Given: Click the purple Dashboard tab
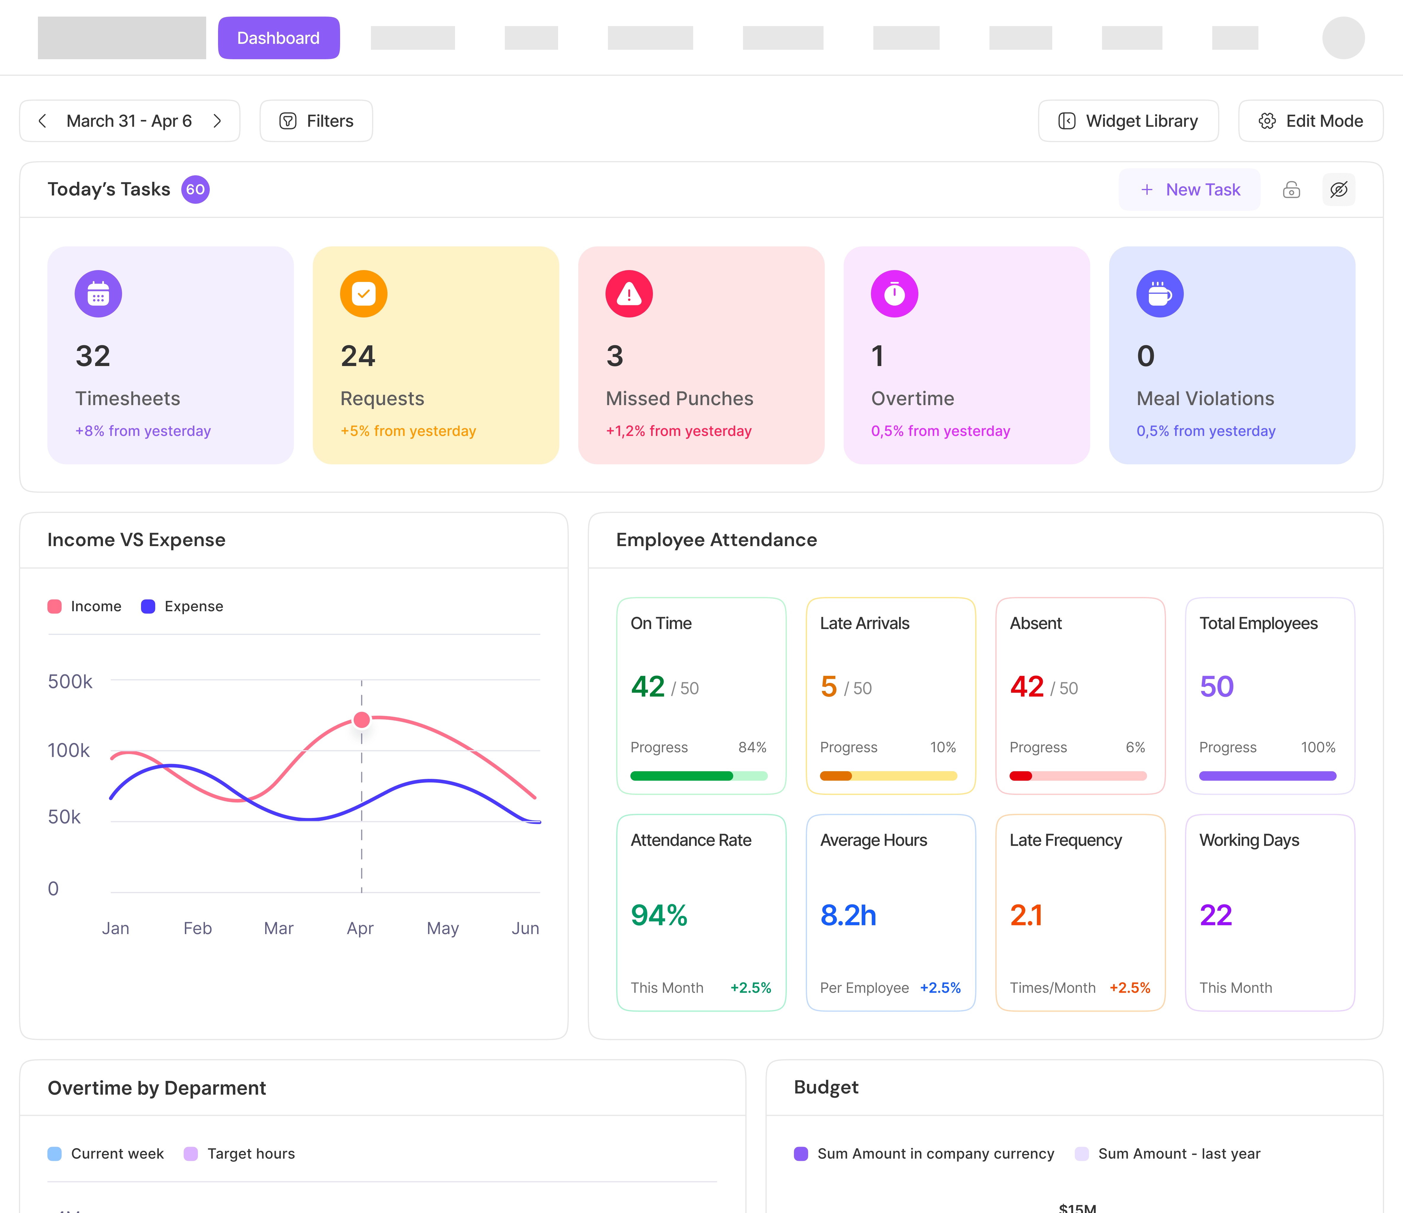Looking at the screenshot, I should pyautogui.click(x=278, y=38).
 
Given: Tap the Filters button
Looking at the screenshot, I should pyautogui.click(x=316, y=121).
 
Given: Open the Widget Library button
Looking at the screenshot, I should pyautogui.click(x=1128, y=121).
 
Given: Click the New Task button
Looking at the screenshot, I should pyautogui.click(x=1190, y=190).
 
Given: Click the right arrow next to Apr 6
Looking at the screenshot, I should pyautogui.click(x=217, y=121).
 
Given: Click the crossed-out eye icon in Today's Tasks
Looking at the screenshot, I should pyautogui.click(x=1339, y=190).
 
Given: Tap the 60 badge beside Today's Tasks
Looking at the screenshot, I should pyautogui.click(x=195, y=190).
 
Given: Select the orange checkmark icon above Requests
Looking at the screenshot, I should pyautogui.click(x=363, y=294).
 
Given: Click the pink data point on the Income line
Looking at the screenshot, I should pyautogui.click(x=362, y=720).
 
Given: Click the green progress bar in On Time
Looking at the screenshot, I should pyautogui.click(x=681, y=776).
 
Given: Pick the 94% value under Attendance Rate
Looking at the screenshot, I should pyautogui.click(x=659, y=915).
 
